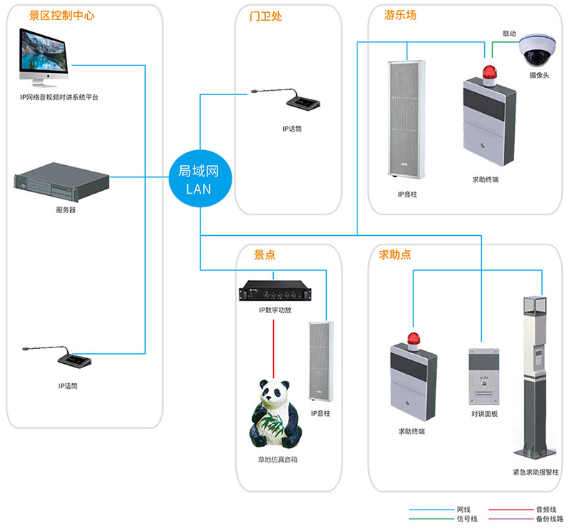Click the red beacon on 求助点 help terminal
click(412, 337)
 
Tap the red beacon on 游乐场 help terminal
click(490, 71)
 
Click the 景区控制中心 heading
click(61, 16)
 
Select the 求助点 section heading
click(395, 254)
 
